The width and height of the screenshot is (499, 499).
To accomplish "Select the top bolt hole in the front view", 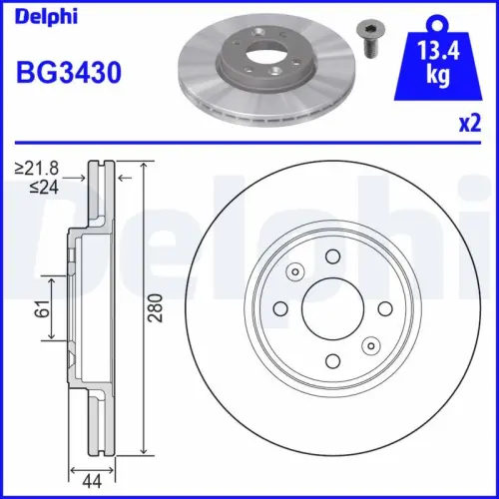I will pyautogui.click(x=331, y=257).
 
